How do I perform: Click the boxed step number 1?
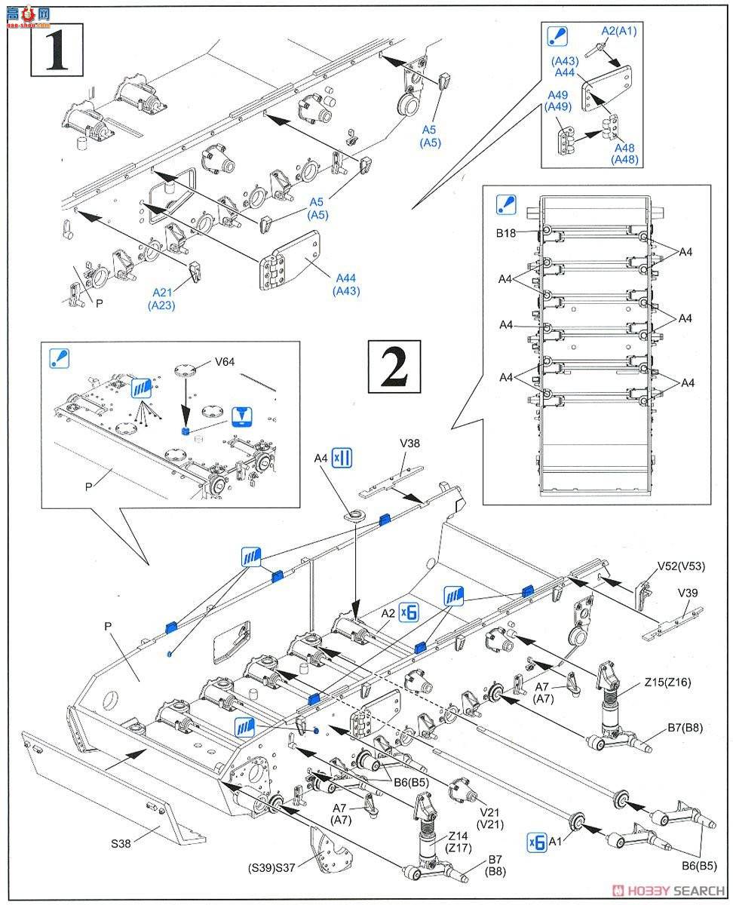tap(57, 51)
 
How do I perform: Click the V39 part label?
tap(687, 593)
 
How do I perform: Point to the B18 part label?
tap(506, 234)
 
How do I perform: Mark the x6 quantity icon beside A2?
tap(409, 612)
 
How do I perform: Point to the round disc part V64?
tap(185, 370)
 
